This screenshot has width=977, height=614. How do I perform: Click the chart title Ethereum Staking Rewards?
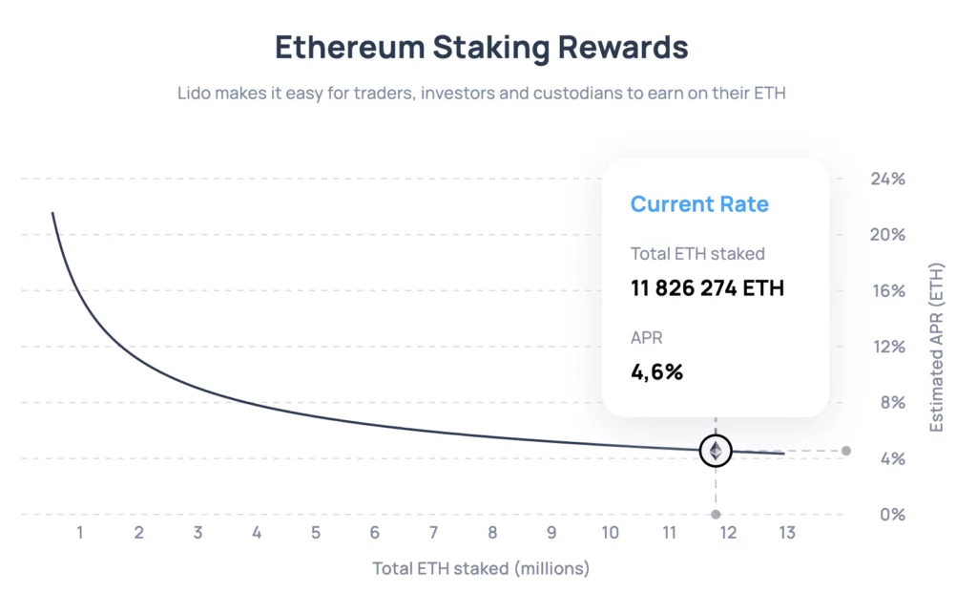pos(481,46)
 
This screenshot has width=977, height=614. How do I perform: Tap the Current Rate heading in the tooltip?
pos(699,203)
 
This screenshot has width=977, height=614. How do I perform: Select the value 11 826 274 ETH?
pos(707,287)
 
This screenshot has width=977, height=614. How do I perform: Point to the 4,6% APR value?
pos(656,371)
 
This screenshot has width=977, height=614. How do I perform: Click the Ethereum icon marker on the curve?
pos(716,451)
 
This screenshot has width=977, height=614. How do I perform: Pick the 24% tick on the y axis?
pos(886,179)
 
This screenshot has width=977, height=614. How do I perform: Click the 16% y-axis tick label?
pos(886,290)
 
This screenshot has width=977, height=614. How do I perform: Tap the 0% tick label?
pos(890,515)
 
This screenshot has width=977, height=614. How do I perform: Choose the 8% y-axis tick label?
pos(890,402)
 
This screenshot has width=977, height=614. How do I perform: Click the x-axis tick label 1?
pos(80,533)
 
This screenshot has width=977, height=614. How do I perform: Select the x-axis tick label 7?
pos(433,533)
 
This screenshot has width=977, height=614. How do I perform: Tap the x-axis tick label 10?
pos(610,533)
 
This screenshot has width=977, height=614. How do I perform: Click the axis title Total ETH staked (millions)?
pos(481,569)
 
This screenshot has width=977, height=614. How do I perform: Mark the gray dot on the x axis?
pos(716,515)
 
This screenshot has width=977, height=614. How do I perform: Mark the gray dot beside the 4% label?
pos(846,451)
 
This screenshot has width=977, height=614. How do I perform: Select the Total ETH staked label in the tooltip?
pos(697,254)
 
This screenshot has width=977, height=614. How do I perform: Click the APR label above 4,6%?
pos(647,337)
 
